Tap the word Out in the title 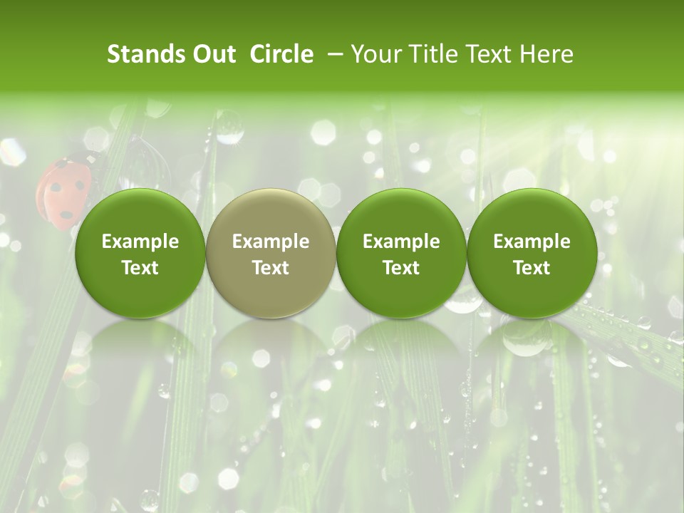click(212, 54)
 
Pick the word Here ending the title click(548, 54)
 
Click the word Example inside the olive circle click(271, 242)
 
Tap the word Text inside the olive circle click(271, 268)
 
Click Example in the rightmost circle click(532, 242)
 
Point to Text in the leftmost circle click(140, 268)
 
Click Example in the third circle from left click(401, 242)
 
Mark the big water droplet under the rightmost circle click(525, 338)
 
